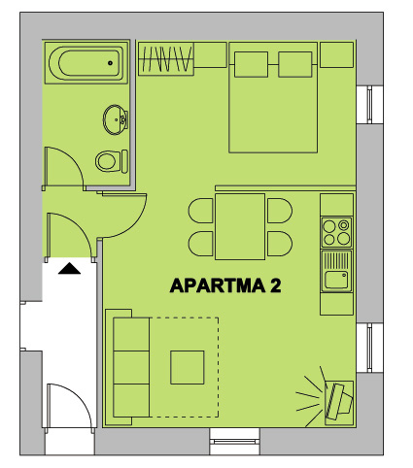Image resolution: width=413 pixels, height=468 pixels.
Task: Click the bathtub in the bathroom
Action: pyautogui.click(x=86, y=63)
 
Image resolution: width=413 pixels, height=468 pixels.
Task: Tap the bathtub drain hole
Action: pyautogui.click(x=110, y=63)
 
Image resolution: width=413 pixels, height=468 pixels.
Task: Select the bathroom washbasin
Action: pyautogui.click(x=115, y=119)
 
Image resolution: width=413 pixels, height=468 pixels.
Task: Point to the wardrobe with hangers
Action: pyautogui.click(x=166, y=58)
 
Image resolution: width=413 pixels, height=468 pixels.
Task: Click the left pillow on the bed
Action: pyautogui.click(x=251, y=64)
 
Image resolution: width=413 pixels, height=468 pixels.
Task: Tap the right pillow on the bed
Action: pyautogui.click(x=295, y=64)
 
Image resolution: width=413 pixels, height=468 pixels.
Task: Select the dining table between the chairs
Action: pyautogui.click(x=240, y=226)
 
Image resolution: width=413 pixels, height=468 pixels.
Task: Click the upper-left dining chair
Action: pyautogui.click(x=201, y=211)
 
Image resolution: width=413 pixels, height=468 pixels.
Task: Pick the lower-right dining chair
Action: pyautogui.click(x=280, y=244)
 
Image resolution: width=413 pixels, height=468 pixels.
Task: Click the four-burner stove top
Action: pyautogui.click(x=336, y=232)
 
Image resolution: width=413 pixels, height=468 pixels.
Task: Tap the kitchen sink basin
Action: pyautogui.click(x=336, y=280)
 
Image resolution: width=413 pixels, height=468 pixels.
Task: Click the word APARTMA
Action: pyautogui.click(x=218, y=285)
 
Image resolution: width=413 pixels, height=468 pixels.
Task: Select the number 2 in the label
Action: pyautogui.click(x=276, y=285)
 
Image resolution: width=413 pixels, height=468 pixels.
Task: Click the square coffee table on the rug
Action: pyautogui.click(x=188, y=367)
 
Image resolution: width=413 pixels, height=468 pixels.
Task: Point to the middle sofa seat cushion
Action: pyautogui.click(x=131, y=367)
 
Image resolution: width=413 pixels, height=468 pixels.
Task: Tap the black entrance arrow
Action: pyautogui.click(x=69, y=269)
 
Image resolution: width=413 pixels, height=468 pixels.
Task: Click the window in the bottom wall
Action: pyautogui.click(x=234, y=442)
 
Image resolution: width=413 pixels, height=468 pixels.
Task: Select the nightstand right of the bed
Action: pyautogui.click(x=336, y=54)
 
